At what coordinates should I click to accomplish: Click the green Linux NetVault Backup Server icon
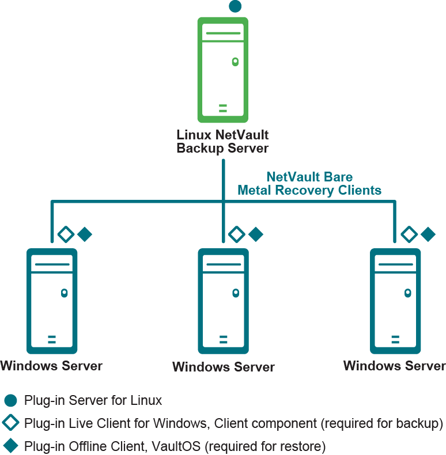point(223,70)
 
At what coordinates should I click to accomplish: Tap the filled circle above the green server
point(235,6)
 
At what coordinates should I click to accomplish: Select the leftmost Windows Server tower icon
point(52,301)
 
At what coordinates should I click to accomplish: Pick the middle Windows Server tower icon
point(223,301)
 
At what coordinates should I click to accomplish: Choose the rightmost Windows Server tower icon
point(395,301)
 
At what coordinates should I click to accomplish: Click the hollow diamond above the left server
point(66,234)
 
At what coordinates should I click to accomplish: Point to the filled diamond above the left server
point(85,234)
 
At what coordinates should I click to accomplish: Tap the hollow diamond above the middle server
point(237,234)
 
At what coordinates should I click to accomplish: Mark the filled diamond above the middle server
point(255,234)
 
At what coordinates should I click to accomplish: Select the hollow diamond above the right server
point(409,234)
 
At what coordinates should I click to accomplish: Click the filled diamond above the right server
point(428,234)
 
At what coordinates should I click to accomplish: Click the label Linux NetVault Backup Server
point(222,142)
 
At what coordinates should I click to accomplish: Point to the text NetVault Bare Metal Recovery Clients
point(309,184)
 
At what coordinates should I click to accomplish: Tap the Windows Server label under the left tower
point(52,366)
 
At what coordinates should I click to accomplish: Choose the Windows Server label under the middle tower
point(224,367)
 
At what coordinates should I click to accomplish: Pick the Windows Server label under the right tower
point(395,366)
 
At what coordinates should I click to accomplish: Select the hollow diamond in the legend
point(11,423)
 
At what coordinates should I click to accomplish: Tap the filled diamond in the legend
point(11,446)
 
